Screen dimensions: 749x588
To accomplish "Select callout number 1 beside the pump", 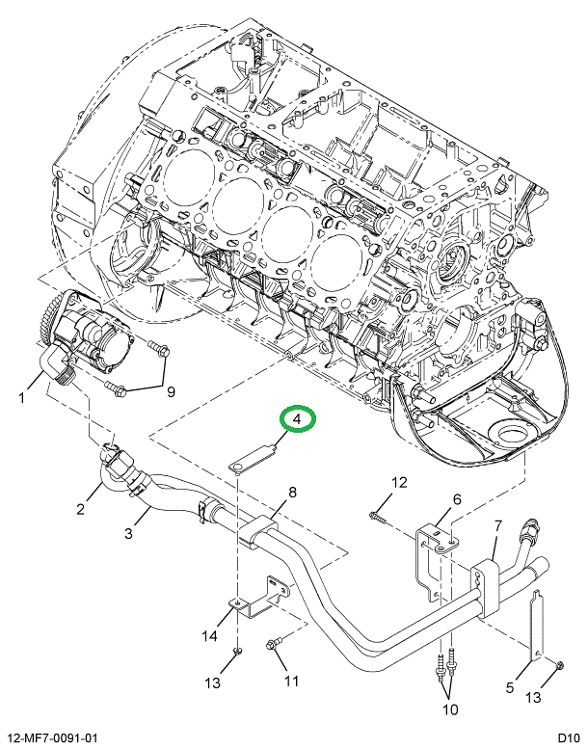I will pyautogui.click(x=20, y=395).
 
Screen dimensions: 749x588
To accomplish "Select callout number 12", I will pyautogui.click(x=399, y=482).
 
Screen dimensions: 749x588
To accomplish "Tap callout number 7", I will pyautogui.click(x=497, y=525).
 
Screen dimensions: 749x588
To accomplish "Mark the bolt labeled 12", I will pyautogui.click(x=378, y=518).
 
